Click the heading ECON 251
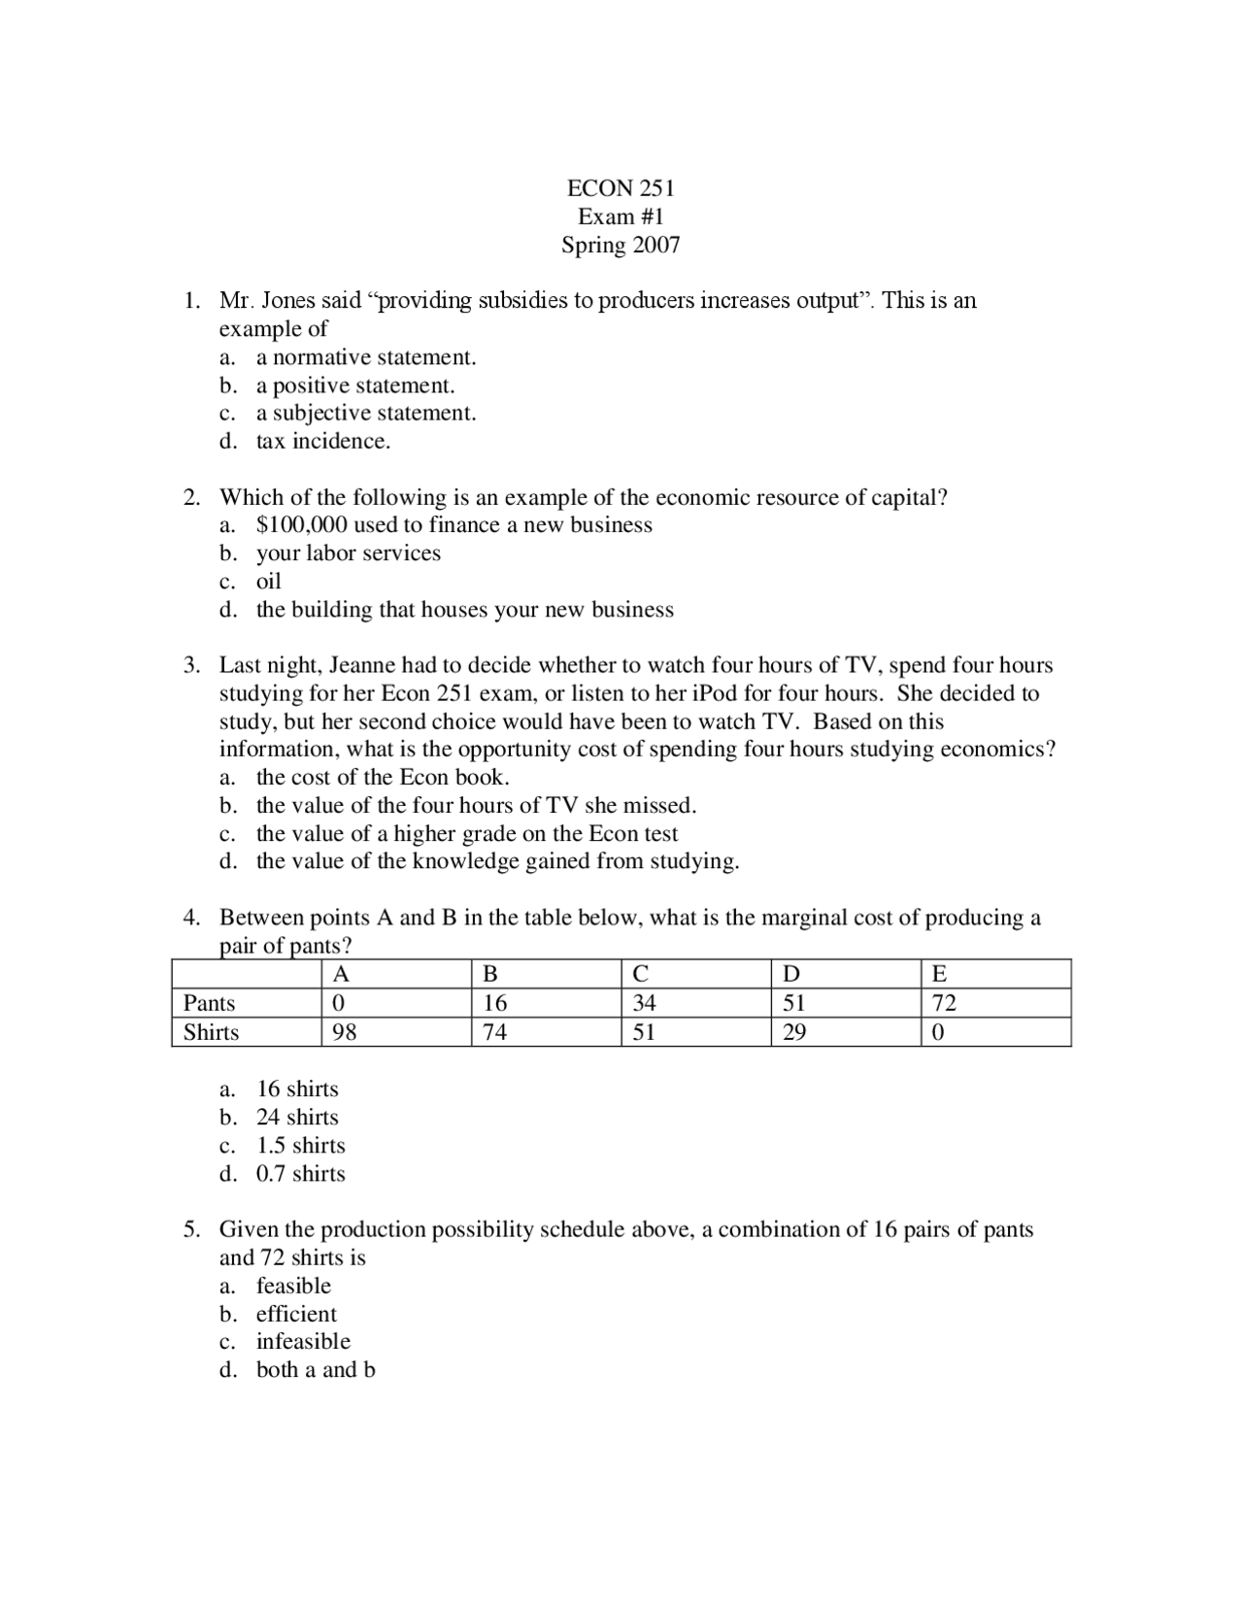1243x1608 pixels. (x=621, y=188)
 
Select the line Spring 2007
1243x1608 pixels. (x=621, y=245)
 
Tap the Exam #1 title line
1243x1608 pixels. (x=621, y=217)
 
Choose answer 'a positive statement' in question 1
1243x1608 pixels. (x=355, y=385)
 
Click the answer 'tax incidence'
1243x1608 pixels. (x=322, y=442)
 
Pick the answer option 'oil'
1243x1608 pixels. (x=268, y=582)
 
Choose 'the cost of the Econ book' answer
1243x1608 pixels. (x=383, y=778)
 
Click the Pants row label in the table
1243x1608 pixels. (x=210, y=1003)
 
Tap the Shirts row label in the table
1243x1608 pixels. (x=211, y=1032)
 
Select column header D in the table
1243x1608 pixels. (x=791, y=974)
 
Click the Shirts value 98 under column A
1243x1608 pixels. (x=345, y=1032)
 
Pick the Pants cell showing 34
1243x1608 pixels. (x=644, y=1003)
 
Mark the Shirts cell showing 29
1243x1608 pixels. (x=794, y=1032)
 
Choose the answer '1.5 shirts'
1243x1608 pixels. (x=300, y=1146)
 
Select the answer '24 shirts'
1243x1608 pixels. (x=297, y=1118)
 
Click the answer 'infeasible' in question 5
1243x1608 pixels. (x=303, y=1342)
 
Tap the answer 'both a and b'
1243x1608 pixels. (x=316, y=1370)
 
